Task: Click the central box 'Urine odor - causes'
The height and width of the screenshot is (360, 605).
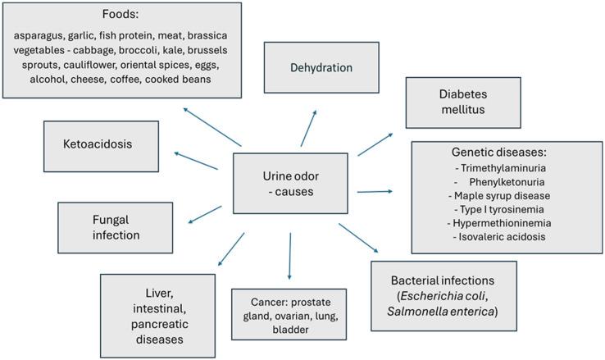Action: [x=293, y=183]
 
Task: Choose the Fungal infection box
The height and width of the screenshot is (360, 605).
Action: [x=115, y=226]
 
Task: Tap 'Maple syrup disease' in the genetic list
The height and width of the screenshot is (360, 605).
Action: [x=499, y=196]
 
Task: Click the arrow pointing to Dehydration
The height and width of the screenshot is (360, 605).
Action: [x=307, y=128]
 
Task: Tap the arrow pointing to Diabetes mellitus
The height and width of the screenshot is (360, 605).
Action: [x=375, y=144]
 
